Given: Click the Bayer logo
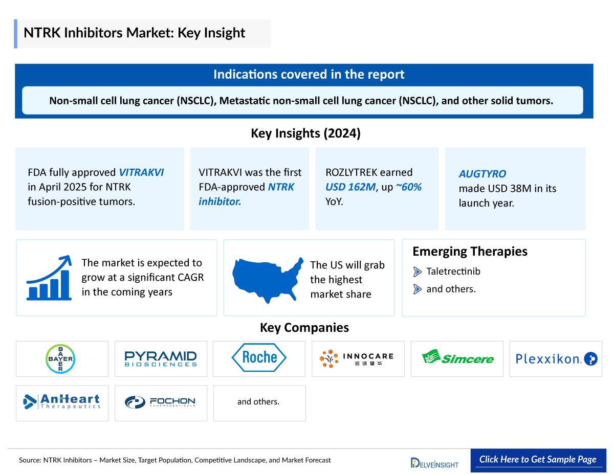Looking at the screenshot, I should click(x=60, y=358).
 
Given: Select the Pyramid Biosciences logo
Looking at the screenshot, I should click(x=161, y=358).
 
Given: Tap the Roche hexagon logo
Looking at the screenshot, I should click(x=259, y=357).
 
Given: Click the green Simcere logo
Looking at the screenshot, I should click(x=457, y=358).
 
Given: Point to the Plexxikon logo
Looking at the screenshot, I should click(x=556, y=359).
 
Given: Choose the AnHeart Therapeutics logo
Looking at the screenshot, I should click(x=62, y=402).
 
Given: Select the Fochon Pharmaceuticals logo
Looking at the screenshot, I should click(x=160, y=402).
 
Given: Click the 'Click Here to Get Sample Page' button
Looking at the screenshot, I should click(x=538, y=459).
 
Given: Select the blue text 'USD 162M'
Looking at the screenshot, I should click(x=350, y=187).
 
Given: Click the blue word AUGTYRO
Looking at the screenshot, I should click(x=482, y=174).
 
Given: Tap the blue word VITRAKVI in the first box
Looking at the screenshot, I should click(x=141, y=172).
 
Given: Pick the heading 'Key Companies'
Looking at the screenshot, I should click(x=304, y=328).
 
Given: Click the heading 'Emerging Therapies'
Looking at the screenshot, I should click(x=470, y=252).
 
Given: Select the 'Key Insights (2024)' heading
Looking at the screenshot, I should click(x=305, y=133).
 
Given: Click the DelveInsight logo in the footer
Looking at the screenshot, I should click(x=434, y=463).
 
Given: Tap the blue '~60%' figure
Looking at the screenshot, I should click(x=408, y=187).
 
